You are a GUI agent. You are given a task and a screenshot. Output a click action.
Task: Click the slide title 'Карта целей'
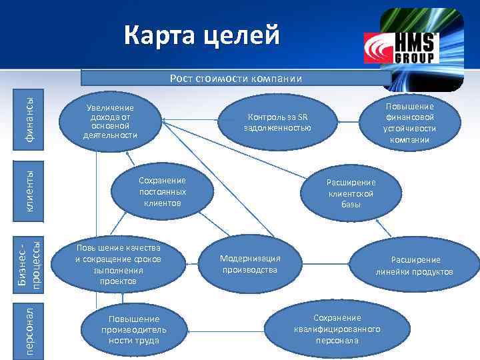click(202, 34)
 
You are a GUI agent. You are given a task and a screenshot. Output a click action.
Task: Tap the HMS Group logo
click(401, 48)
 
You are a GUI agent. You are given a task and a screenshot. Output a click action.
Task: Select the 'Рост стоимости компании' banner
click(235, 79)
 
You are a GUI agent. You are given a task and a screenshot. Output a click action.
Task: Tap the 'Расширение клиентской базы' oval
click(351, 193)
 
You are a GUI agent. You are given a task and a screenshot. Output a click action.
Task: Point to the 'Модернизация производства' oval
click(250, 264)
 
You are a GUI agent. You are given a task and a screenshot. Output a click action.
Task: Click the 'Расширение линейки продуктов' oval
click(415, 265)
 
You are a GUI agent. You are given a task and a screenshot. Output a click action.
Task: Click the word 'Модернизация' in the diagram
click(250, 259)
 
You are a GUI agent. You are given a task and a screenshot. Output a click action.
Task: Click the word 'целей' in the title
click(243, 34)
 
